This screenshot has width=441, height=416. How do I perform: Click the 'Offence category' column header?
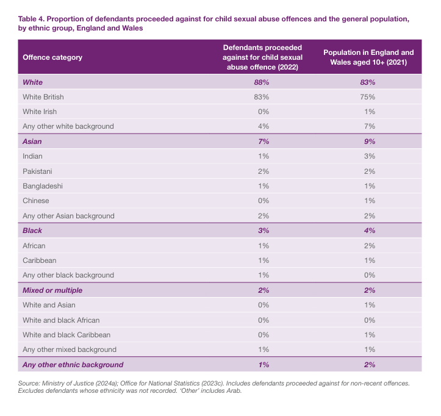click(52, 57)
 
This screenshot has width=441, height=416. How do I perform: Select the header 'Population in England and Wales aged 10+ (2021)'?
click(368, 57)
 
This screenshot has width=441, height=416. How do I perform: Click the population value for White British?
click(368, 96)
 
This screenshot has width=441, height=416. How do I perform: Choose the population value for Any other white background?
click(368, 126)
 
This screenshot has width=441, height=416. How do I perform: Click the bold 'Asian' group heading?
click(32, 142)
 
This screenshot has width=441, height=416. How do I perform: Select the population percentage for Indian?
click(368, 156)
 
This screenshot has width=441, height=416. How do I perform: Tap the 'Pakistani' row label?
click(38, 171)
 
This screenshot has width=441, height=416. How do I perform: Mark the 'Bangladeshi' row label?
click(43, 186)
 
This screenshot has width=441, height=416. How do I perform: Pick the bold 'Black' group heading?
click(32, 231)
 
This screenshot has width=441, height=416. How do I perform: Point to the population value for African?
click(368, 245)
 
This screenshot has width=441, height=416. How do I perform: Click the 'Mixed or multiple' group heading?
click(52, 290)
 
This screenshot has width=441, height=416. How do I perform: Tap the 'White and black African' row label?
click(61, 320)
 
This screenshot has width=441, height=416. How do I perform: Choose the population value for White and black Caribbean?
click(368, 335)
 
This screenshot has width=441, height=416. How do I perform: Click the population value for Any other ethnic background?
click(368, 365)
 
